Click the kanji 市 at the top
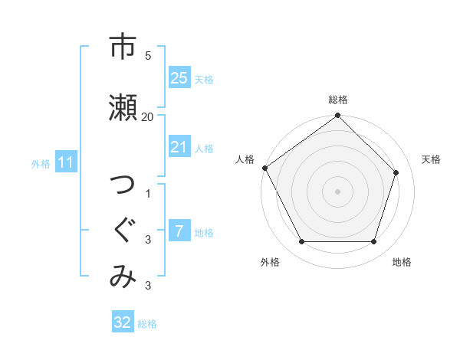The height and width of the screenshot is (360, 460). coord(123,47)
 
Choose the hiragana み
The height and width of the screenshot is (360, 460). coord(123,277)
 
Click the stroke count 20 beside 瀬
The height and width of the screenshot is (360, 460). coord(148,117)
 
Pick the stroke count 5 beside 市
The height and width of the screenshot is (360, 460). coord(148,56)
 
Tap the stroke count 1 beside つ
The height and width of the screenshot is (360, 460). coord(148,193)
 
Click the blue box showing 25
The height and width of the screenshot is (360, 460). coord(179,78)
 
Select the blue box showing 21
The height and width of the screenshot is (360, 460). coord(179,147)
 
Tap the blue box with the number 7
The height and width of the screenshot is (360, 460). coord(179,231)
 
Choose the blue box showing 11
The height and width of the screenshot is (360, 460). coord(65,162)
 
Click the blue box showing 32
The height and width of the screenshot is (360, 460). coord(122,322)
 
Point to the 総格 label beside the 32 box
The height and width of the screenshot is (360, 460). coord(148,324)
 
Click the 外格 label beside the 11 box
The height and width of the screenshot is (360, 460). coord(41,163)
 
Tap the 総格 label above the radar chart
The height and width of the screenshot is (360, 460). coord(338,100)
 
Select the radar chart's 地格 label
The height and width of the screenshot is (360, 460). coord(402,262)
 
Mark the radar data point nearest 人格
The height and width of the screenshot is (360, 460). coord(264,168)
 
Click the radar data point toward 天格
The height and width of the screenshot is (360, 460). coord(396,172)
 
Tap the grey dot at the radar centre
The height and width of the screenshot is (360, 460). coord(337,191)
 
